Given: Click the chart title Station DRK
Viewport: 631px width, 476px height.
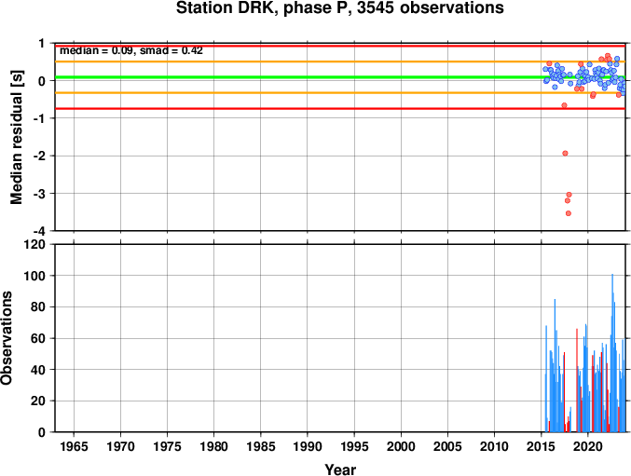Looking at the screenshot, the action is [339, 8].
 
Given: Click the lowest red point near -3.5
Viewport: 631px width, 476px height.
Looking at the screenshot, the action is [569, 213].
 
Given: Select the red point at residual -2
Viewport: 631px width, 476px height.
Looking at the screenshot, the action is [565, 153].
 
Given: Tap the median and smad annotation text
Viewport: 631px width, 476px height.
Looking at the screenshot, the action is [131, 50].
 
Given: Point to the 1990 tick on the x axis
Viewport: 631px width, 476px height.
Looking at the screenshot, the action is [308, 446].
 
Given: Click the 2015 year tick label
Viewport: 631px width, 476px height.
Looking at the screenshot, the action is [542, 446].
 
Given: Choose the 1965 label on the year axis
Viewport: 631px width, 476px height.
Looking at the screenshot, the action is [74, 446].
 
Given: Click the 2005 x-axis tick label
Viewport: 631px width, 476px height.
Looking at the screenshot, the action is [447, 446].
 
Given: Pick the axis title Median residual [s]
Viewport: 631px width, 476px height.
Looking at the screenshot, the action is [17, 137].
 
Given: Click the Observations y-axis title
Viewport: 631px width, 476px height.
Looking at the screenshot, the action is [7, 338].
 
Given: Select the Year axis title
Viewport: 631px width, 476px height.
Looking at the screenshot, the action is [340, 469].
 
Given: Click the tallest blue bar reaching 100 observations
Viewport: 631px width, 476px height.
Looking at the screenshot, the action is [612, 353].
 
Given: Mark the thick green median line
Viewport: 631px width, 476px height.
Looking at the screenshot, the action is [340, 77].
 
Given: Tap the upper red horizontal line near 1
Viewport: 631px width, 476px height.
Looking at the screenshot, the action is [340, 47].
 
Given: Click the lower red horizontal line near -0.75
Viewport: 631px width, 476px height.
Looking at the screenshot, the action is [340, 109].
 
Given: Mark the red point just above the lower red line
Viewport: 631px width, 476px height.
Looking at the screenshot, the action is [564, 105].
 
